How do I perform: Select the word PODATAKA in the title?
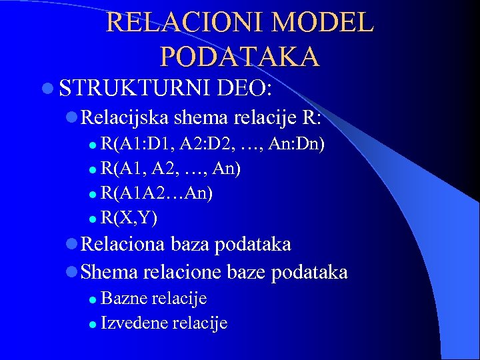(240, 57)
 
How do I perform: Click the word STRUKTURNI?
(132, 88)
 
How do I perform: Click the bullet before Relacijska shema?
(71, 118)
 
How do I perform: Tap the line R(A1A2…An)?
(157, 193)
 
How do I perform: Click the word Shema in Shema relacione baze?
(108, 271)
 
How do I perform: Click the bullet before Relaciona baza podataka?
(71, 245)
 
